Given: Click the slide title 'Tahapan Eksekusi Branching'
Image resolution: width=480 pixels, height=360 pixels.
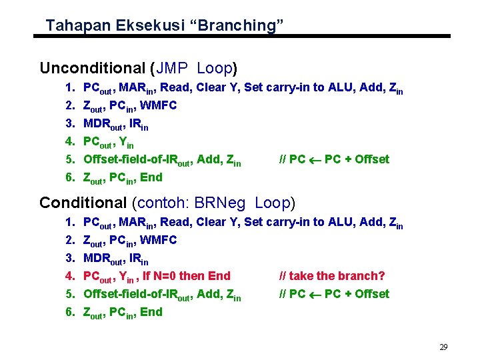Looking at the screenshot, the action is click(x=165, y=26).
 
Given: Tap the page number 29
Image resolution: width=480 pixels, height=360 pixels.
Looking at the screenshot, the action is click(x=443, y=347).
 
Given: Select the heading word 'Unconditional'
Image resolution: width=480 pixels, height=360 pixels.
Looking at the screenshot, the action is click(x=92, y=68).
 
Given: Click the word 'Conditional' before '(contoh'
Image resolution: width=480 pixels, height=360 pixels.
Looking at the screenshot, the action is click(x=83, y=203).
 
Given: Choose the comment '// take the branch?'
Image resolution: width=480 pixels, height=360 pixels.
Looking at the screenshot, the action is click(x=332, y=275).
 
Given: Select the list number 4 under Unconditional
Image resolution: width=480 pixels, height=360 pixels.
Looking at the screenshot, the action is click(x=70, y=141).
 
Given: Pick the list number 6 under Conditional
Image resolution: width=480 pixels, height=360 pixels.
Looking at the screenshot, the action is click(x=70, y=311).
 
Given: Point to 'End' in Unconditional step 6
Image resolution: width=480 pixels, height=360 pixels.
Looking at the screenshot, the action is click(x=151, y=177).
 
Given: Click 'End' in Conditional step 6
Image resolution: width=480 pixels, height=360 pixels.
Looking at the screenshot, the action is click(x=151, y=311).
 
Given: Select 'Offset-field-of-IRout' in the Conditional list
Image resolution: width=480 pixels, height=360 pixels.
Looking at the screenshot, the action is click(x=140, y=294).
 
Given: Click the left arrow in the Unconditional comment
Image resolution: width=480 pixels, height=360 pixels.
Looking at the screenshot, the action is click(x=316, y=159).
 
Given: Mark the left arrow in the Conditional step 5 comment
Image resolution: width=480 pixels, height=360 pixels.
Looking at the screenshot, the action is click(x=316, y=294).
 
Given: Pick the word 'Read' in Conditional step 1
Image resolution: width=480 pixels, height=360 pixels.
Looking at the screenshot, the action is click(x=175, y=222).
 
